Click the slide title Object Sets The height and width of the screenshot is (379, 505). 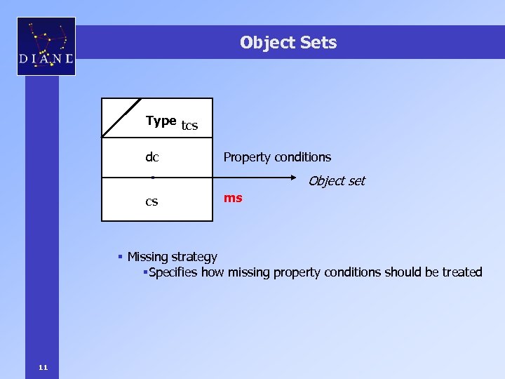[x=288, y=43]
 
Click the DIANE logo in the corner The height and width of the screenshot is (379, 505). [x=46, y=46]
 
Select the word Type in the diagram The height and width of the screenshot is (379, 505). [x=161, y=121]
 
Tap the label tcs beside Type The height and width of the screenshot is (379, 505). [x=189, y=126]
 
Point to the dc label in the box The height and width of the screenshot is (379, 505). [x=151, y=157]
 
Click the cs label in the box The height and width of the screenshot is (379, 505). [x=151, y=201]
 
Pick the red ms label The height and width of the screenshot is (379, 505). [x=233, y=198]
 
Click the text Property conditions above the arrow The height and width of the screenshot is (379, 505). [x=277, y=157]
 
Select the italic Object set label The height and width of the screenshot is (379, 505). [x=337, y=181]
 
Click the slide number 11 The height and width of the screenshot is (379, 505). [x=43, y=367]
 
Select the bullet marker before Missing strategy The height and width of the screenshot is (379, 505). [x=121, y=257]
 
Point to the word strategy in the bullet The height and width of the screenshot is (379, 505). [x=196, y=258]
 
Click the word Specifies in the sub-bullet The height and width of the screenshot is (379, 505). [x=174, y=272]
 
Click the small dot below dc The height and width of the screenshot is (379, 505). [x=152, y=178]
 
